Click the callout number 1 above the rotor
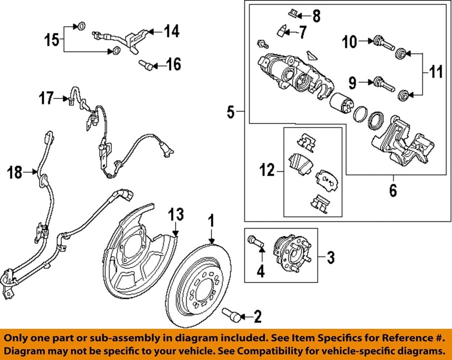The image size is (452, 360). (212, 220)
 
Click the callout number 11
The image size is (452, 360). (436, 73)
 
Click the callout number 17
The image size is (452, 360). (46, 98)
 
